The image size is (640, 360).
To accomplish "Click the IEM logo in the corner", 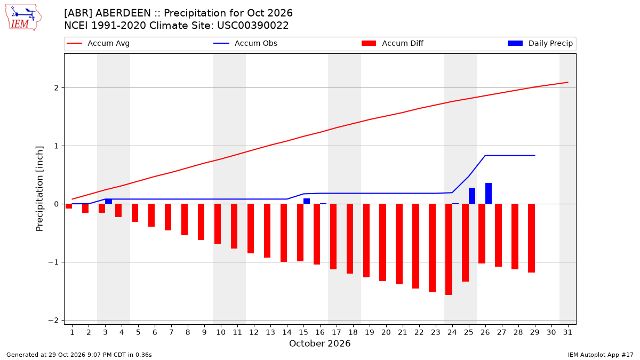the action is (x=23, y=18).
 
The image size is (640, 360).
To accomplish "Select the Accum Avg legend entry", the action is (x=98, y=43).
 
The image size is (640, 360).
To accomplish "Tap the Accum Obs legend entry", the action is (x=245, y=43).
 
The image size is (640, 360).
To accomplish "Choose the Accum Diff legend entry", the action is (x=393, y=43).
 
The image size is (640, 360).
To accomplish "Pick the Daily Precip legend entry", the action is (x=540, y=43).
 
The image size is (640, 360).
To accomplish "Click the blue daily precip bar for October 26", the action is (x=489, y=194).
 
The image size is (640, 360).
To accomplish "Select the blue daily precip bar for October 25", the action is (x=471, y=196).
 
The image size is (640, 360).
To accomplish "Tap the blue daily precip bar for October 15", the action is (x=307, y=201).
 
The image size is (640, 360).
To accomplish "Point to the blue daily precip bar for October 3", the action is (x=109, y=202).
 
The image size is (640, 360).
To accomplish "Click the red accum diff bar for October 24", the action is (x=449, y=250).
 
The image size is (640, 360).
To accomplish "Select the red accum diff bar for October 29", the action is (x=531, y=238).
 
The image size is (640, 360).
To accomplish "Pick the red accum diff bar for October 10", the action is (x=218, y=223).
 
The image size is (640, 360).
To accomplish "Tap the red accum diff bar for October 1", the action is (x=69, y=206).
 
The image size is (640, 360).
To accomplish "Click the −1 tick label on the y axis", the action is (x=53, y=262).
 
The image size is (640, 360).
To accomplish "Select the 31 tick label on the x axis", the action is (x=567, y=332).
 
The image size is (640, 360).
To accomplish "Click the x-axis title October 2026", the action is (x=319, y=343).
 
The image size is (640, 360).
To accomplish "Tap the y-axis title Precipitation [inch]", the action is (x=39, y=189).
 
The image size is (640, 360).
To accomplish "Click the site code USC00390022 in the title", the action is (x=253, y=26).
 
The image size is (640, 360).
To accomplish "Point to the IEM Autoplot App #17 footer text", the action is (x=601, y=355).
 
